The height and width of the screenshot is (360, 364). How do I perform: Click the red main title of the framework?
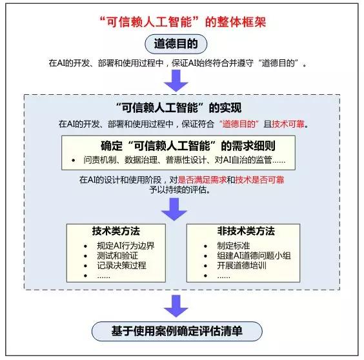point(183,23)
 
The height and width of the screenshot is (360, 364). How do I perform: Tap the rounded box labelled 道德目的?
point(176,44)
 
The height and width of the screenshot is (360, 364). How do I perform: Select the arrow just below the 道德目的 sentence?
point(176,81)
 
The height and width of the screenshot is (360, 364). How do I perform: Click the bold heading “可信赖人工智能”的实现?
point(179,108)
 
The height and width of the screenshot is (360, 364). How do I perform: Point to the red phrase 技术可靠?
point(288,124)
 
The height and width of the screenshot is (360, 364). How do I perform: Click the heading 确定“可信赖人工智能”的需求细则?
point(188,146)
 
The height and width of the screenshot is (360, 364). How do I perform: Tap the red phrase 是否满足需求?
point(202,180)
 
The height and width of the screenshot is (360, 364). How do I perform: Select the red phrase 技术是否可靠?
point(259,180)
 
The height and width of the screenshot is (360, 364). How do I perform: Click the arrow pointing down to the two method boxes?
point(174,209)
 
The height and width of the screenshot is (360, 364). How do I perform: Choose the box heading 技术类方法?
point(116,231)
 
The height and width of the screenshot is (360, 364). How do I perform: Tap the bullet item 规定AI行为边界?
point(126,246)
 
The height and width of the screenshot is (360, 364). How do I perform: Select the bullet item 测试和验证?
point(117,255)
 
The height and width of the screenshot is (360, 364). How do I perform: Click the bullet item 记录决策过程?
point(121,266)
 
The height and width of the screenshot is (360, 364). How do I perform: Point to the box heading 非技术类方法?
point(246,231)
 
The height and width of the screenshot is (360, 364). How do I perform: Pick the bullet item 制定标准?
point(233,246)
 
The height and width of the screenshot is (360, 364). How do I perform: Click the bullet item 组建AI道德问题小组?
point(254,255)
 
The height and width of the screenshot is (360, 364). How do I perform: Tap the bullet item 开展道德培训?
point(241,266)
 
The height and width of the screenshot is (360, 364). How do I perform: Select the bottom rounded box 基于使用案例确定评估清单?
point(177,331)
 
